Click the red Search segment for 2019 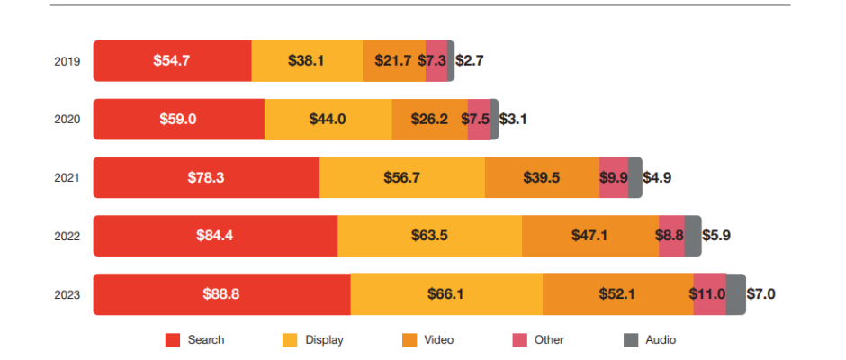pos(172,61)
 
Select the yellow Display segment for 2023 pos(446,294)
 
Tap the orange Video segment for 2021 pos(542,177)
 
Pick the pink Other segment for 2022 pos(671,236)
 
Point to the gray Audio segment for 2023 pos(735,294)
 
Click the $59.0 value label pos(178,119)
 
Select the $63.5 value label pos(429,236)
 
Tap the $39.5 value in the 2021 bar pos(542,177)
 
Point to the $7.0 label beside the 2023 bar pos(761,294)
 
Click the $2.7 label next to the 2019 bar pos(471,61)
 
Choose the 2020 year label pos(67,120)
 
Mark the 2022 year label pos(67,237)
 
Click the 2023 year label pos(67,295)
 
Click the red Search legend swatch pos(173,340)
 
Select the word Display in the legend pos(324,340)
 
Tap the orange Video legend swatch pos(409,340)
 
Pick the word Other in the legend pos(549,340)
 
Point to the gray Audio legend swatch pos(630,340)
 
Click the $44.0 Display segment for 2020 pos(328,119)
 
